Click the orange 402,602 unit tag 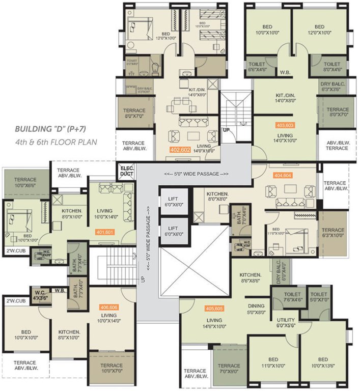click(182, 150)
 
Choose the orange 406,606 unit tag click(109, 307)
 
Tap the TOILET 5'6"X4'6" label click(257, 67)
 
